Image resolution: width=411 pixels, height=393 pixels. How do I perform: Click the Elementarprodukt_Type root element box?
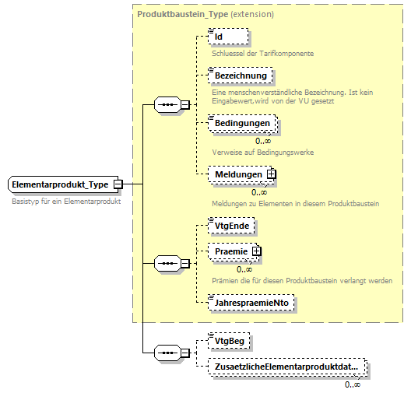[61, 184]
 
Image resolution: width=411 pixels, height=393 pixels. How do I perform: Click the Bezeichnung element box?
[241, 75]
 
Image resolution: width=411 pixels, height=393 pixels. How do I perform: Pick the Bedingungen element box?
[242, 123]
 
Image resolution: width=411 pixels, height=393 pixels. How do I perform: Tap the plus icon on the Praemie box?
[255, 251]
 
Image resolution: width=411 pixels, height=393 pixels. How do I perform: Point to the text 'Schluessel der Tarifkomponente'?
[262, 53]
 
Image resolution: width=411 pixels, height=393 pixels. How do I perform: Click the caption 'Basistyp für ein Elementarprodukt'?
[72, 202]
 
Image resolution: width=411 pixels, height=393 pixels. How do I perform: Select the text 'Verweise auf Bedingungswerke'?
[262, 152]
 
